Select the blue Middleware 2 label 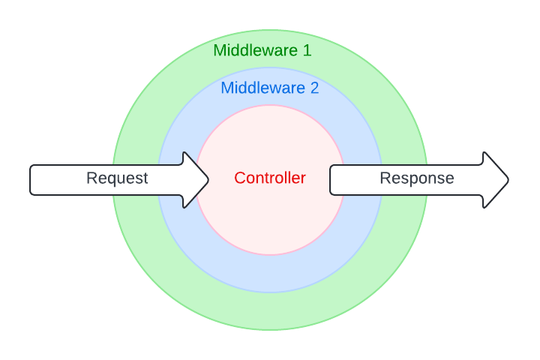[x=269, y=88]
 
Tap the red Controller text [x=270, y=178]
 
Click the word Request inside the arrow [x=117, y=178]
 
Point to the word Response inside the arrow [x=417, y=178]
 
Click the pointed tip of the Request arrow [x=208, y=180]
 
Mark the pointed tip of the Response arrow [x=508, y=180]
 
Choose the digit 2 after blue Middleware [x=314, y=88]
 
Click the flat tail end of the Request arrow [x=31, y=180]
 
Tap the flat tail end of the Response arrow [x=331, y=180]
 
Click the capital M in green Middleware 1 [x=219, y=50]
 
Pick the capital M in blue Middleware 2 [x=226, y=88]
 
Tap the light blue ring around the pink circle [x=270, y=274]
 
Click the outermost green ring [x=270, y=312]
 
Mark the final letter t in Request [x=145, y=178]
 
